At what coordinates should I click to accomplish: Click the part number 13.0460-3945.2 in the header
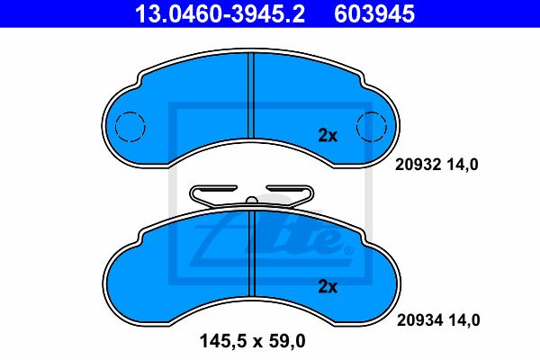point(220,14)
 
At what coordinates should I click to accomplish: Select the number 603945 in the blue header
point(374,14)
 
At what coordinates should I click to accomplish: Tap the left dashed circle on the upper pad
point(130,127)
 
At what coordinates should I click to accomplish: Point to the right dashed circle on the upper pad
point(372,127)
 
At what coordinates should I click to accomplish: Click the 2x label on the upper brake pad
point(328,136)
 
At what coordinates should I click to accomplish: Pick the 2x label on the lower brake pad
point(328,286)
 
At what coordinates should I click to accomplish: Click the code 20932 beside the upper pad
point(418,165)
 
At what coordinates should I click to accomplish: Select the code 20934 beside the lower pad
point(419,320)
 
